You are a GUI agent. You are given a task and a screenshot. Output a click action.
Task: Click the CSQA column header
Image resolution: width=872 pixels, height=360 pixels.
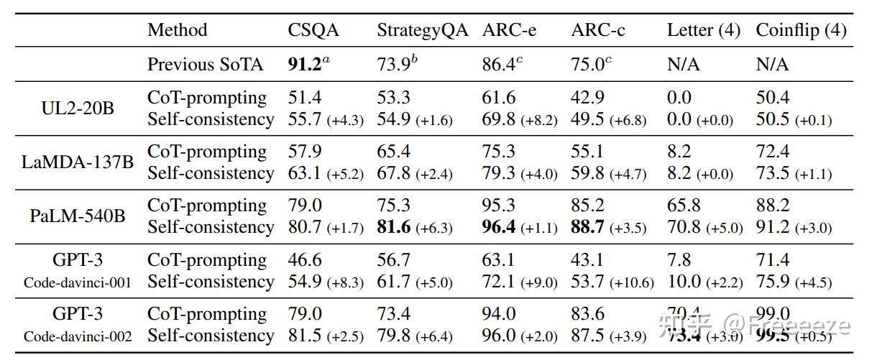click(x=313, y=30)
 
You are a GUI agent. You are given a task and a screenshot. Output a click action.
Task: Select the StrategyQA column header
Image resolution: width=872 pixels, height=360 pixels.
click(x=423, y=30)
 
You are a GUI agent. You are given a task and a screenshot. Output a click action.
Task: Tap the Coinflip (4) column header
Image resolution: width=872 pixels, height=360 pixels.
click(x=801, y=30)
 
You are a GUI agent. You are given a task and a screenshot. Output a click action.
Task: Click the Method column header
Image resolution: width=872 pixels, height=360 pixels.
click(x=177, y=30)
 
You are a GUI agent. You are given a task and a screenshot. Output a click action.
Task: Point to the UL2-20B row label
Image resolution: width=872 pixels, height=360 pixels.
click(x=78, y=109)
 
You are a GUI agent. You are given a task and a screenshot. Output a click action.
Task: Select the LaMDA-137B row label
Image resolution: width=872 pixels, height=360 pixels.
click(x=78, y=162)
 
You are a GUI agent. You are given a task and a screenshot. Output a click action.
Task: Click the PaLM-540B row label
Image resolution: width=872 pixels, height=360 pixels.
click(x=78, y=216)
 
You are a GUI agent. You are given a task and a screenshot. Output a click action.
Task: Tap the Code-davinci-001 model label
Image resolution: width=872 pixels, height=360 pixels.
click(x=78, y=282)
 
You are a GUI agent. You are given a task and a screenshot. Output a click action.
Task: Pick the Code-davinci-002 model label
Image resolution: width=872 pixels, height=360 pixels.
click(x=78, y=336)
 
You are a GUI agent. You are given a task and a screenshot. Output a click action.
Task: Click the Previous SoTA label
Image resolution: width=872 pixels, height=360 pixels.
click(x=206, y=64)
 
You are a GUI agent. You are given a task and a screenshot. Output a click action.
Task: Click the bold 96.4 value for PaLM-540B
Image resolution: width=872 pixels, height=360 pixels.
click(x=499, y=227)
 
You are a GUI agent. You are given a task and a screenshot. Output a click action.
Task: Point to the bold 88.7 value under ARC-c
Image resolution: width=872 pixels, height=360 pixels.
click(x=587, y=227)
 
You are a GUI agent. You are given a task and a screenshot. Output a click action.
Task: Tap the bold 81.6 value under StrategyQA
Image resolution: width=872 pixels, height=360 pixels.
click(x=393, y=227)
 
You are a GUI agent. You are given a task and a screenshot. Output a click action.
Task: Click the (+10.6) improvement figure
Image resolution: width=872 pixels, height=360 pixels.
click(x=632, y=282)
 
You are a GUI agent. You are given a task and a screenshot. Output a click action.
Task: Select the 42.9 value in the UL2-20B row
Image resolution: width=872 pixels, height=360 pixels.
click(x=587, y=98)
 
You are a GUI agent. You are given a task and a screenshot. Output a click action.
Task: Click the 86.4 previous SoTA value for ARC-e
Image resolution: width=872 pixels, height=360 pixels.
click(x=498, y=64)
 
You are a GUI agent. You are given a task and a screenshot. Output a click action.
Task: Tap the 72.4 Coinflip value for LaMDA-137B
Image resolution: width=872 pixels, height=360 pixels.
click(x=772, y=152)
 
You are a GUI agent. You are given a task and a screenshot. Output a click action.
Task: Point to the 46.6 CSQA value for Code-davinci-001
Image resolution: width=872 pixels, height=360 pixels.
click(x=305, y=259)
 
